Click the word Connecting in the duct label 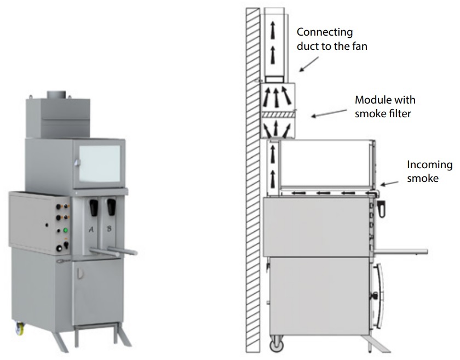point(324,32)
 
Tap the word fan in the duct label point(360,46)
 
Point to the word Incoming point(430,165)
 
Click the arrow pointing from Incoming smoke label point(389,184)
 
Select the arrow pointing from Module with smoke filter point(329,113)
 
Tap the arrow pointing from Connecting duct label point(309,64)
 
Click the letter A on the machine point(91,230)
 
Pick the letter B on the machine point(109,228)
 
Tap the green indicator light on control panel point(66,230)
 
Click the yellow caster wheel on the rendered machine point(20,328)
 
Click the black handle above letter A point(94,207)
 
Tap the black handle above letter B point(111,207)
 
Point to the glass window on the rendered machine point(100,163)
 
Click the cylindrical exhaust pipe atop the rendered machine point(57,95)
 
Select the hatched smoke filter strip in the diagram point(277,114)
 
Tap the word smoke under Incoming point(423,178)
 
